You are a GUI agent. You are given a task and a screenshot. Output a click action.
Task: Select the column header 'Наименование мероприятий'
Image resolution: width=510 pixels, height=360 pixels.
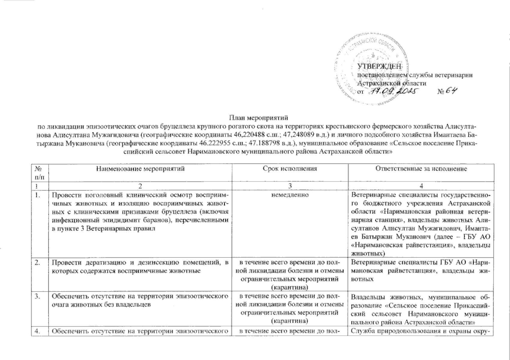(140, 169)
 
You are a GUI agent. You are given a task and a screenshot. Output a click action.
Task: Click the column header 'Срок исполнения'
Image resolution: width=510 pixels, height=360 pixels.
(290, 169)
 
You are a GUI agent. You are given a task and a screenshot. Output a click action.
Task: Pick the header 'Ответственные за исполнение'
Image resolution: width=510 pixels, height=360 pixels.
(421, 169)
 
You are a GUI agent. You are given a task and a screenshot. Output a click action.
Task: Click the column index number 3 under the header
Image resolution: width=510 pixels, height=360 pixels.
(290, 186)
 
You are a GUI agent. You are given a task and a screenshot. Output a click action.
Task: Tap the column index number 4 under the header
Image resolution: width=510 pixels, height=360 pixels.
(421, 186)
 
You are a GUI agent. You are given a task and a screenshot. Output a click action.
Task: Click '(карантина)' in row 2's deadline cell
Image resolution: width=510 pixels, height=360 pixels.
(290, 288)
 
